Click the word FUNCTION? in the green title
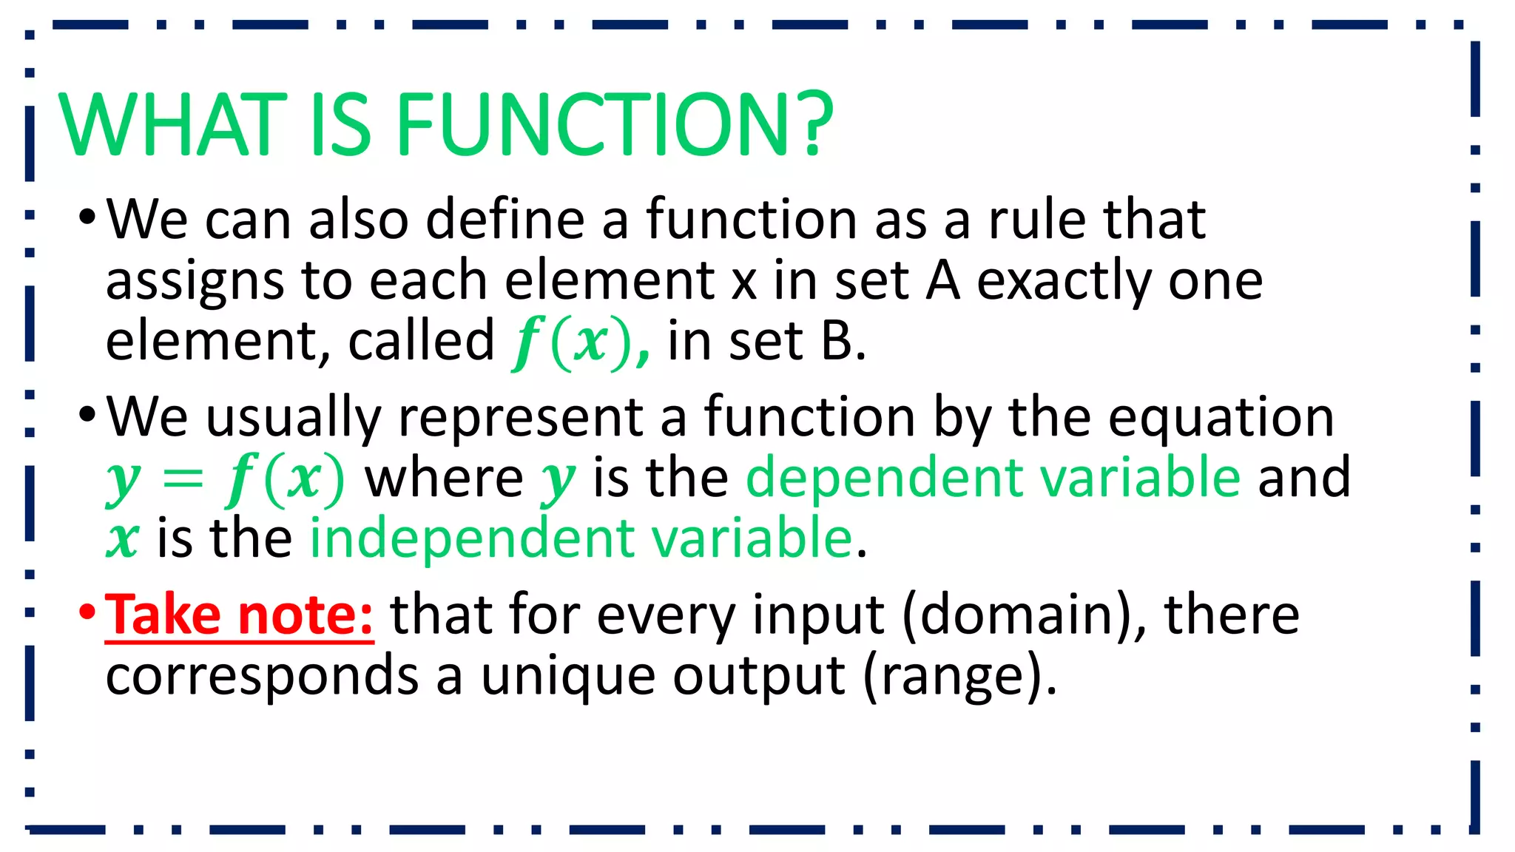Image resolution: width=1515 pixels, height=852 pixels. point(614,124)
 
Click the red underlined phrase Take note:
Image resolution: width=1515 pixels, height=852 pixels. point(239,615)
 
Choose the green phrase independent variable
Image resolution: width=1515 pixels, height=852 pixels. point(581,538)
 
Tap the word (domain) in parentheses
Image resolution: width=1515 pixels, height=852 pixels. point(1024,615)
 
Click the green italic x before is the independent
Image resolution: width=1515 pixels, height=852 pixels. point(122,540)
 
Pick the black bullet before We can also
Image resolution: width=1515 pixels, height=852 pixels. point(87,217)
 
